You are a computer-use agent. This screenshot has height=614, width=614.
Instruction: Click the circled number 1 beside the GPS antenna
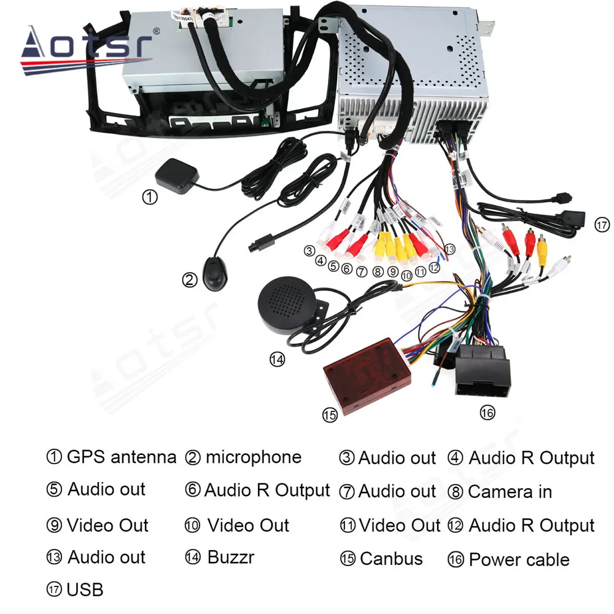tap(149, 196)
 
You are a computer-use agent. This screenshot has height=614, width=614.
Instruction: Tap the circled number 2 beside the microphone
tap(189, 280)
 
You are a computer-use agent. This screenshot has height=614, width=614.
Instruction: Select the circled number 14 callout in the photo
tap(278, 359)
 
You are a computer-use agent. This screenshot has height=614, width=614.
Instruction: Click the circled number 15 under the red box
tap(330, 416)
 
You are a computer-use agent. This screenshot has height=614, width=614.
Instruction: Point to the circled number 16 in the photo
tap(487, 413)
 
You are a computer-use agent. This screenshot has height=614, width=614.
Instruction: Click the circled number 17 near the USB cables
tap(602, 225)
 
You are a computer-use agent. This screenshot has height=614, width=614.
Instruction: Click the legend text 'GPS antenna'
tap(122, 457)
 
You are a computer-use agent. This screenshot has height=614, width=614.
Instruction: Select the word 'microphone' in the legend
tap(254, 457)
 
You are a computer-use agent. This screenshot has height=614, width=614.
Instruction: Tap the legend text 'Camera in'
tap(510, 492)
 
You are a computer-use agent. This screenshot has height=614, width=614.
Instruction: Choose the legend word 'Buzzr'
tap(230, 558)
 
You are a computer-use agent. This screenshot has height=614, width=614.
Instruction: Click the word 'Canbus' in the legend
tap(391, 559)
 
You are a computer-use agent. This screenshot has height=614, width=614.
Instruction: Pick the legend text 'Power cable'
tap(519, 559)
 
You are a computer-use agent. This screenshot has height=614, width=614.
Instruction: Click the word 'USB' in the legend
tap(85, 590)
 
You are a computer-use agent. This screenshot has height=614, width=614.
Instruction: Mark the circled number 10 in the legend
tap(192, 526)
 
